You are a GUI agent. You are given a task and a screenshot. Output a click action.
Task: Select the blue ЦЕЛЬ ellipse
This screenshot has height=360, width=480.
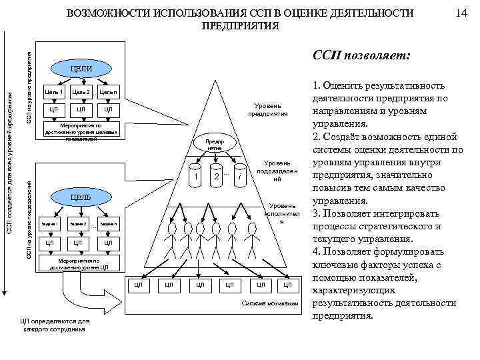coord(81,197)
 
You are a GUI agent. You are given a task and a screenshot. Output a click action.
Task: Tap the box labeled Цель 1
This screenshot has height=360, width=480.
coord(53,91)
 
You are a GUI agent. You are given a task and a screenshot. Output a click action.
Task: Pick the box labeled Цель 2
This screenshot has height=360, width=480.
coord(81,91)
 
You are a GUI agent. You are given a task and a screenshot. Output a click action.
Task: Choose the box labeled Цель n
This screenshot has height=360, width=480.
coord(109,91)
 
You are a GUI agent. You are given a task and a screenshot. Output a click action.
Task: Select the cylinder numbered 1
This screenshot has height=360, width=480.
coord(193,177)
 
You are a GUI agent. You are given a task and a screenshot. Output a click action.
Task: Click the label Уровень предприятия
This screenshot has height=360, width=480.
coord(268,109)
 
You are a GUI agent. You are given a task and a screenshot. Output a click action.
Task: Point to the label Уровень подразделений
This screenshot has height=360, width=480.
coord(277,171)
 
